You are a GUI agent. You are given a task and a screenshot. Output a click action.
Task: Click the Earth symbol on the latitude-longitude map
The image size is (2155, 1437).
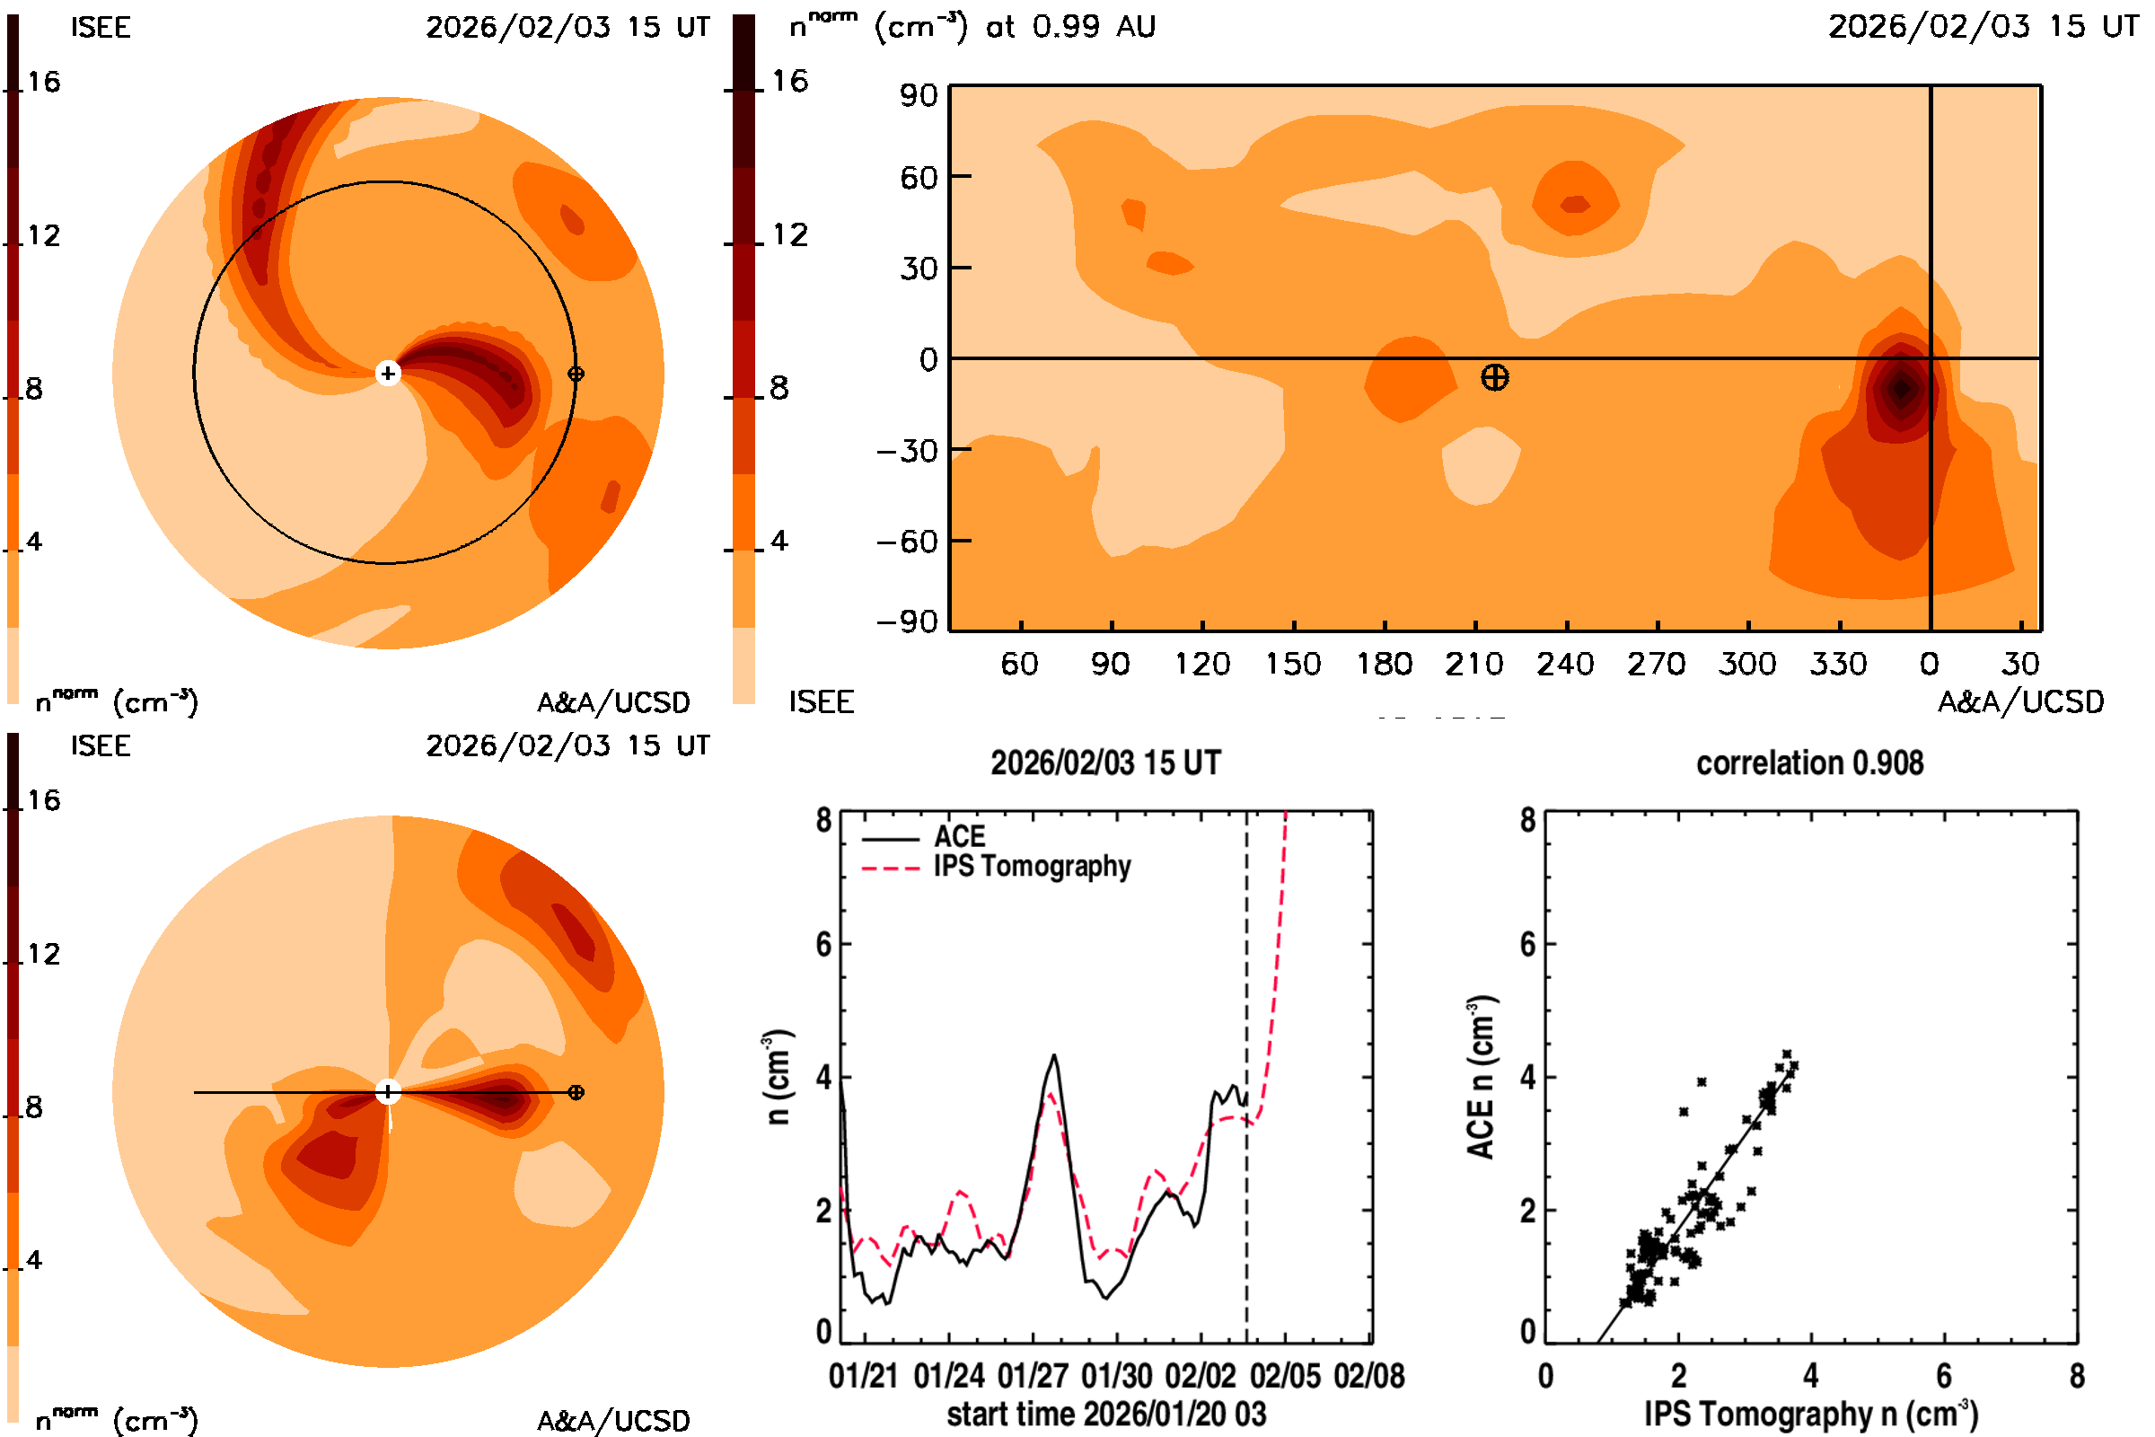pos(1494,377)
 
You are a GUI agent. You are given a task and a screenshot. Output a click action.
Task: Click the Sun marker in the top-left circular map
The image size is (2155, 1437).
pos(388,373)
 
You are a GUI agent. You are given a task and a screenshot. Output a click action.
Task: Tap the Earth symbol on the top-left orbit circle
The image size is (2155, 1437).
pos(576,374)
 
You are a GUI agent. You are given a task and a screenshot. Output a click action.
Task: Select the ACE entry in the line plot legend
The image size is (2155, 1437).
pos(958,837)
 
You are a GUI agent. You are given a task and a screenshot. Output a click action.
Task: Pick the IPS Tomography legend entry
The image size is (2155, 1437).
pos(1032,866)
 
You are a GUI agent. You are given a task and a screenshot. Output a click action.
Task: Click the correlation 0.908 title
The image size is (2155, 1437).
pos(1808,763)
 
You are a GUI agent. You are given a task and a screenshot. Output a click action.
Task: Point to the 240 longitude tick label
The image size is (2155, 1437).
pos(1565,664)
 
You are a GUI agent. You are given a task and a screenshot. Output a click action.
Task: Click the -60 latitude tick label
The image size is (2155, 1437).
pos(907,542)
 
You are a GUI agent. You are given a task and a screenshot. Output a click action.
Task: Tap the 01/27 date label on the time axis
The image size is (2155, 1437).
pos(1033,1376)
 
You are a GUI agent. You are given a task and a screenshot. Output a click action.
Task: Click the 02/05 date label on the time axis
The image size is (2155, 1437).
pos(1285,1376)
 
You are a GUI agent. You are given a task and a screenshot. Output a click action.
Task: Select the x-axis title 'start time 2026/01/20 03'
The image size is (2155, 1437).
pos(1106,1414)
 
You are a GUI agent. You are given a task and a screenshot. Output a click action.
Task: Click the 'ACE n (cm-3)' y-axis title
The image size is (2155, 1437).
pos(1481,1078)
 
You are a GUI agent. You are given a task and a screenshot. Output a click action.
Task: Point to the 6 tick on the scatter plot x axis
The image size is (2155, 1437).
pos(1943,1376)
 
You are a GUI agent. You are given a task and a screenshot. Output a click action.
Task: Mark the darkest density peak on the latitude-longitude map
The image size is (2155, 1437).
pos(1900,389)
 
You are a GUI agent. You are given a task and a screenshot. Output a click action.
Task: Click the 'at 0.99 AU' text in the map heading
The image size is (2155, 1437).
pos(1070,27)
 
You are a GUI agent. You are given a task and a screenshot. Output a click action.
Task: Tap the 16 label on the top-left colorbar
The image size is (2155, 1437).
pos(43,83)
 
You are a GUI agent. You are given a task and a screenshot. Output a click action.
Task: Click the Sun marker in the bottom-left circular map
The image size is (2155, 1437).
pos(388,1091)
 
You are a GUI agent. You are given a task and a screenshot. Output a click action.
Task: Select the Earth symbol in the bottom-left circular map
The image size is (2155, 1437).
pos(576,1092)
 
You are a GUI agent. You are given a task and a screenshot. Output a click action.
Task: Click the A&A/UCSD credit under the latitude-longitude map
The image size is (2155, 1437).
pos(2020,702)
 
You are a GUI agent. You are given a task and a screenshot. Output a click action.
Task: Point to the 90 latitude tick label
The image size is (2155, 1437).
pos(918,95)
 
